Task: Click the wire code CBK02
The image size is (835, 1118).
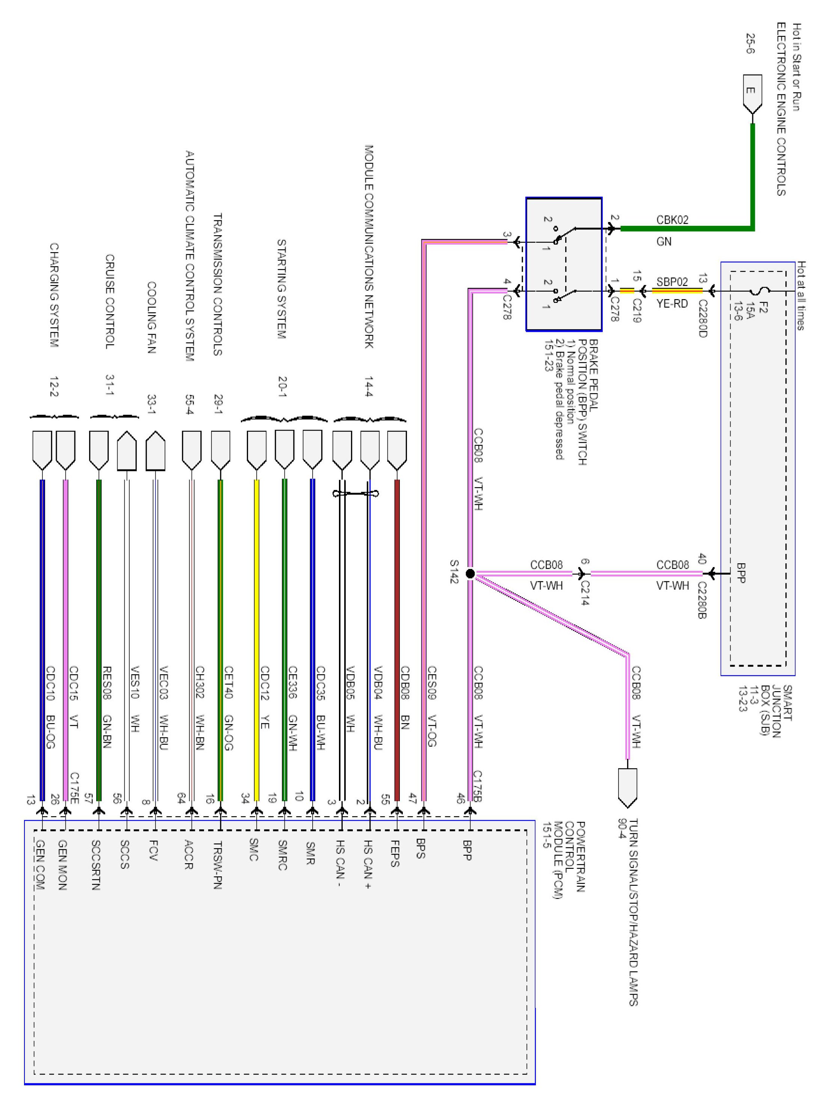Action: tap(672, 220)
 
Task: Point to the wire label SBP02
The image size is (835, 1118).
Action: tap(672, 281)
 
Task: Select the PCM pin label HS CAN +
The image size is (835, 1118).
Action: tap(368, 864)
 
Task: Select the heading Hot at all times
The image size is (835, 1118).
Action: tap(802, 296)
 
